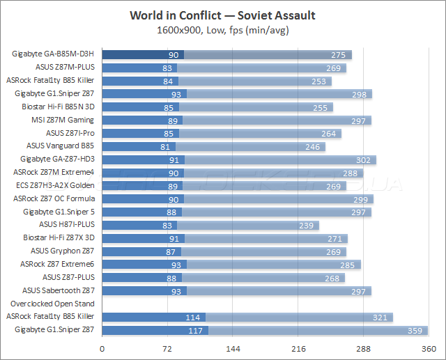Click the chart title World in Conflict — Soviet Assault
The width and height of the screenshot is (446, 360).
223,15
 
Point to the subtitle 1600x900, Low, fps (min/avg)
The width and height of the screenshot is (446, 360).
223,30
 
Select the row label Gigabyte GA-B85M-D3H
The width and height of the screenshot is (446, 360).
53,54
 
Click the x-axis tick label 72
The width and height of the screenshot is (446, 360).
167,348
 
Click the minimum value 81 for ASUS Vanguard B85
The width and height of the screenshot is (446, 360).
165,147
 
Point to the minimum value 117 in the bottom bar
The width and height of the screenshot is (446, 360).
194,330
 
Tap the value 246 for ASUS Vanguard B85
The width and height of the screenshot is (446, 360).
315,147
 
